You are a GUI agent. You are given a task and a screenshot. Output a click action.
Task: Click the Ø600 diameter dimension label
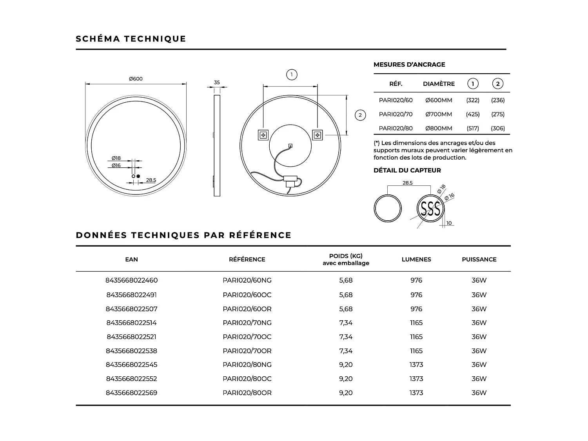[x=136, y=79]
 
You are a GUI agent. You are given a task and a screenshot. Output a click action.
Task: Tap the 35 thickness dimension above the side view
[x=217, y=83]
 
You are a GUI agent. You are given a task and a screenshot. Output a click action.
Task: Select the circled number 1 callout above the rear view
[x=292, y=74]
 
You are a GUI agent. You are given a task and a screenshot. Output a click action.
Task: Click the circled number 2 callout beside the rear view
[x=360, y=115]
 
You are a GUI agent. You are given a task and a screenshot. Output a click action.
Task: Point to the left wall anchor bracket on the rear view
[x=263, y=135]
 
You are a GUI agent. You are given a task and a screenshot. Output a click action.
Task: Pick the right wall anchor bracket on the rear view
[x=317, y=135]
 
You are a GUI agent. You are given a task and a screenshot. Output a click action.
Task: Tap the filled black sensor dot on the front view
[x=138, y=176]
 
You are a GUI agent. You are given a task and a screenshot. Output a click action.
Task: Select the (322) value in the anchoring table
[x=473, y=100]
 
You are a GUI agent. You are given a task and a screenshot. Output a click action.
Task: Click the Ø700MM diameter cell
[x=439, y=114]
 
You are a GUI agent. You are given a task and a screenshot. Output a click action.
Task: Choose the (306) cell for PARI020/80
[x=498, y=128]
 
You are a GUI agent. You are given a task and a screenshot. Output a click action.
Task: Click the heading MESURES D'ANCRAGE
[x=409, y=65]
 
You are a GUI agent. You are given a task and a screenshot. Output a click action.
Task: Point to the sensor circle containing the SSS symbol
[x=430, y=209]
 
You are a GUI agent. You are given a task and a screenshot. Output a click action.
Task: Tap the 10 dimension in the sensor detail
[x=449, y=223]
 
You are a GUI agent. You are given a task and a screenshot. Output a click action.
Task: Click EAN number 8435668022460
[x=132, y=280]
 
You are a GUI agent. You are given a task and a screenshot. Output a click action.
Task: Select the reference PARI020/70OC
[x=247, y=337]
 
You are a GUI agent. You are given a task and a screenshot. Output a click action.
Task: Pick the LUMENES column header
[x=416, y=260]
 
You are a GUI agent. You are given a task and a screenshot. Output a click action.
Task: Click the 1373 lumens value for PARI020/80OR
[x=416, y=393]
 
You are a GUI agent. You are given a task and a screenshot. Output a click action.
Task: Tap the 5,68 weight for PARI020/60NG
[x=346, y=280]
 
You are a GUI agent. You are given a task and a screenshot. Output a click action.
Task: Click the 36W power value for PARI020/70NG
[x=479, y=323]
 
